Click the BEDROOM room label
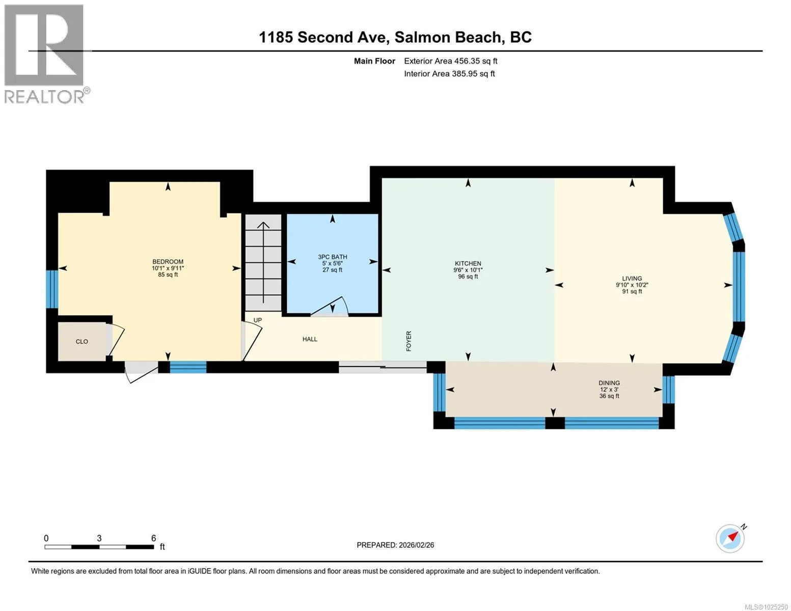(168, 262)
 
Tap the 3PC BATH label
(333, 257)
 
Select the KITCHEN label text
(468, 263)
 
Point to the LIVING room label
(632, 279)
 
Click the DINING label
(609, 383)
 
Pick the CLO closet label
(82, 342)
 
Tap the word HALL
(310, 339)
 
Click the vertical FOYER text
(408, 341)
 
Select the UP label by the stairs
(257, 320)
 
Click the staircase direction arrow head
(263, 225)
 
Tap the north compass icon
(730, 539)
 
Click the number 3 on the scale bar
(99, 538)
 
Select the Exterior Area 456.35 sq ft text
(451, 61)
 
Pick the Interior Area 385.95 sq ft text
(449, 74)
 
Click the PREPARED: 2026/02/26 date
(395, 545)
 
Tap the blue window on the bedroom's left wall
(52, 289)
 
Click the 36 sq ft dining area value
(609, 396)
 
